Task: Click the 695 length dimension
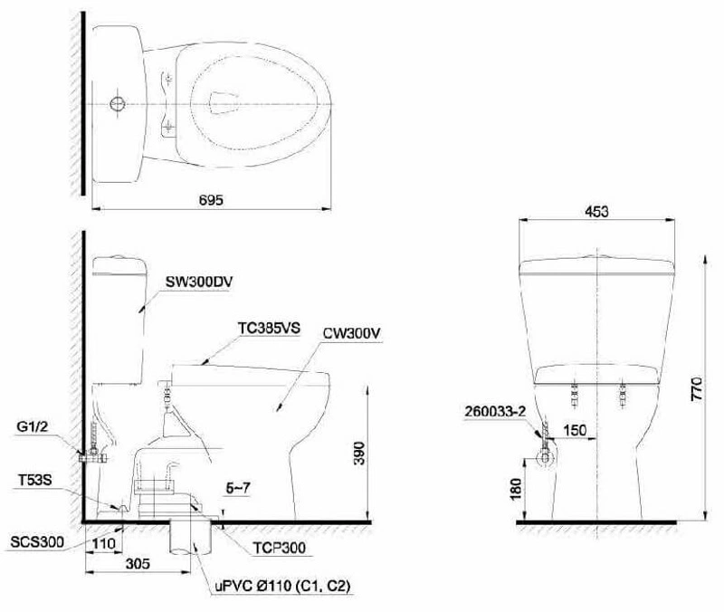[x=211, y=199]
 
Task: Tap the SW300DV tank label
[x=199, y=282]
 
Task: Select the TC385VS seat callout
[x=269, y=328]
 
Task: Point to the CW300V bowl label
[x=351, y=333]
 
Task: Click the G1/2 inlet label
[x=32, y=426]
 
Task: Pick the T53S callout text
[x=35, y=481]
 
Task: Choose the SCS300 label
[x=37, y=541]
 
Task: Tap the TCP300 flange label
[x=279, y=548]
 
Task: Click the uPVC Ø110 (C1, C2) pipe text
[x=282, y=586]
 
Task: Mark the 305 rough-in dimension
[x=138, y=563]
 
